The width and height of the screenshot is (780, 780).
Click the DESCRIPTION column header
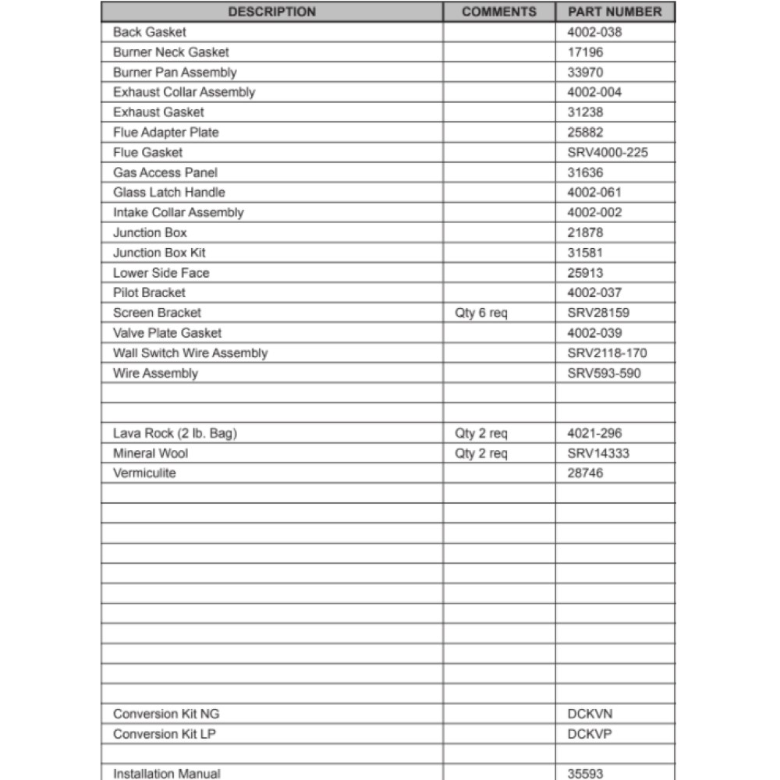272,12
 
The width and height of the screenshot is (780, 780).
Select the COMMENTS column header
499,12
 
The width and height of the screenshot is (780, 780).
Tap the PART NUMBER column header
615,12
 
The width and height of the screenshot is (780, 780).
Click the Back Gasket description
150,32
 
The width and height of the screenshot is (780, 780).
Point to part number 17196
585,52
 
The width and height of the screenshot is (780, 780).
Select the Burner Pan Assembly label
175,73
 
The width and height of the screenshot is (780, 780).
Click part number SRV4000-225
608,152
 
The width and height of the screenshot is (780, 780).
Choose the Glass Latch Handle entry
168,192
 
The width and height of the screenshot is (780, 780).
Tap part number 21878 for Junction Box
585,232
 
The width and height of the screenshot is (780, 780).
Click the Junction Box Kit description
159,253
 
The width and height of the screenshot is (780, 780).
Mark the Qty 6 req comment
480,313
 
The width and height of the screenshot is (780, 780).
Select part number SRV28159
598,313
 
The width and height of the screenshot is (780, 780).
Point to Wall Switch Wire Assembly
190,353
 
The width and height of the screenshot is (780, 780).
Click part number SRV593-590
604,373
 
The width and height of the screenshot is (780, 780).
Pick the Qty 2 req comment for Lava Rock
480,433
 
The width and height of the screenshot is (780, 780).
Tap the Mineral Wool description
151,453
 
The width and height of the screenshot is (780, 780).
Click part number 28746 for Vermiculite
585,473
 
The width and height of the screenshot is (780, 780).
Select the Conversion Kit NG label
161,714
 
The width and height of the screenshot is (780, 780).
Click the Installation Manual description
167,774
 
